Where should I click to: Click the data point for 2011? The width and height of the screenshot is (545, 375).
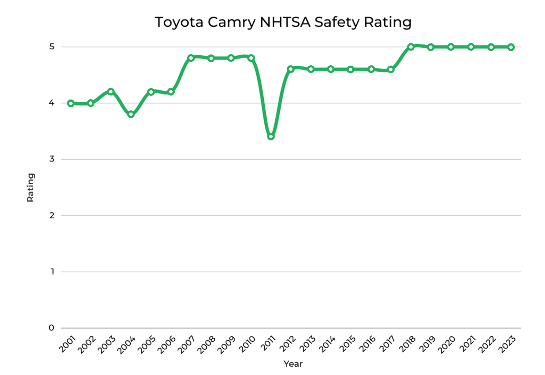pos(271,137)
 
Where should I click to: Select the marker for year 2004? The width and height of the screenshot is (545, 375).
pos(131,114)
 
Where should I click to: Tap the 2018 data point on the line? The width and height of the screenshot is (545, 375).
pos(411,47)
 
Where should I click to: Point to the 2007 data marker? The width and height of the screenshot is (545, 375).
pos(191,58)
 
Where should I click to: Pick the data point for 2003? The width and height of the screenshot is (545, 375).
pos(111,92)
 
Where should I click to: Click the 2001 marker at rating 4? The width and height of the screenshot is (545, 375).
pos(71,103)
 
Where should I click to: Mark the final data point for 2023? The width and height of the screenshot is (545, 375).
pos(511,47)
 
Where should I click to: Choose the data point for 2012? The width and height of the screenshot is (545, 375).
pos(291,69)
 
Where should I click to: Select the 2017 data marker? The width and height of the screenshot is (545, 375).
pos(391,69)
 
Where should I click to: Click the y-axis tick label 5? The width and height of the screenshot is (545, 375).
pos(52,47)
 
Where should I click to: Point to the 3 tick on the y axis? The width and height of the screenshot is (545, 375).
pos(52,159)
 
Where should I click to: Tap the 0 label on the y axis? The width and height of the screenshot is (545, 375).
pos(52,328)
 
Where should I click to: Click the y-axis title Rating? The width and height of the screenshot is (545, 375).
pos(31,187)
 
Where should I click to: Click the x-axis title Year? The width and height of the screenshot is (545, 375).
pos(293,364)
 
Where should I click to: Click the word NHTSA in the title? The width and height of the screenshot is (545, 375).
pos(286,22)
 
